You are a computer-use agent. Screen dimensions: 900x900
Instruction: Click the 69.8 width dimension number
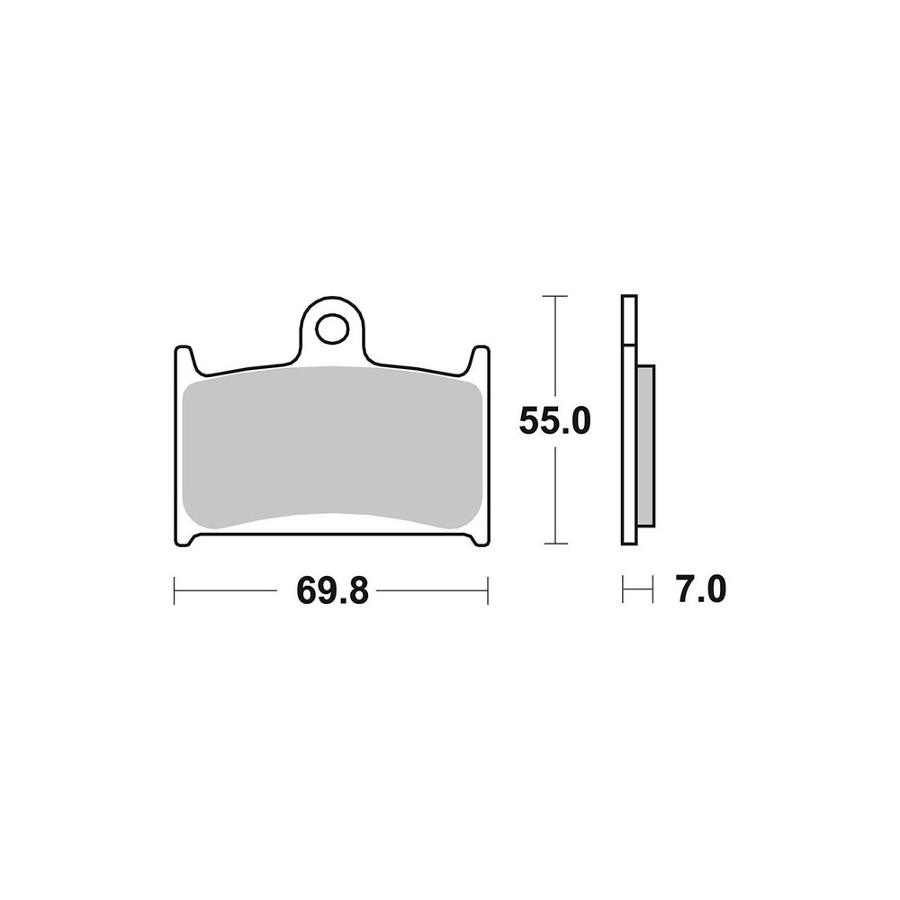pos(332,589)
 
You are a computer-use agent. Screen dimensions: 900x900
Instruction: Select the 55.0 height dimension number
pos(554,420)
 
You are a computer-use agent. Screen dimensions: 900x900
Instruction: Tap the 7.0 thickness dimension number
pos(701,589)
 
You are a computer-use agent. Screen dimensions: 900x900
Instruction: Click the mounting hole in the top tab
pos(332,329)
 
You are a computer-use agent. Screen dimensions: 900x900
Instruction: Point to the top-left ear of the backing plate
pos(184,361)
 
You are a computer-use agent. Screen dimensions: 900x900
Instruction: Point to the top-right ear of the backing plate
pos(480,361)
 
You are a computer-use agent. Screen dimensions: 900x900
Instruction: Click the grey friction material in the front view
pos(332,447)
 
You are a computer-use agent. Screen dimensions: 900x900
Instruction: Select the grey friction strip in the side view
pos(645,445)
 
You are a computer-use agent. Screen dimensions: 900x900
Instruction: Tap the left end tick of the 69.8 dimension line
pos(174,590)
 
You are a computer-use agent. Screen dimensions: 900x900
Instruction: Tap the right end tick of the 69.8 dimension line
pos(487,590)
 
